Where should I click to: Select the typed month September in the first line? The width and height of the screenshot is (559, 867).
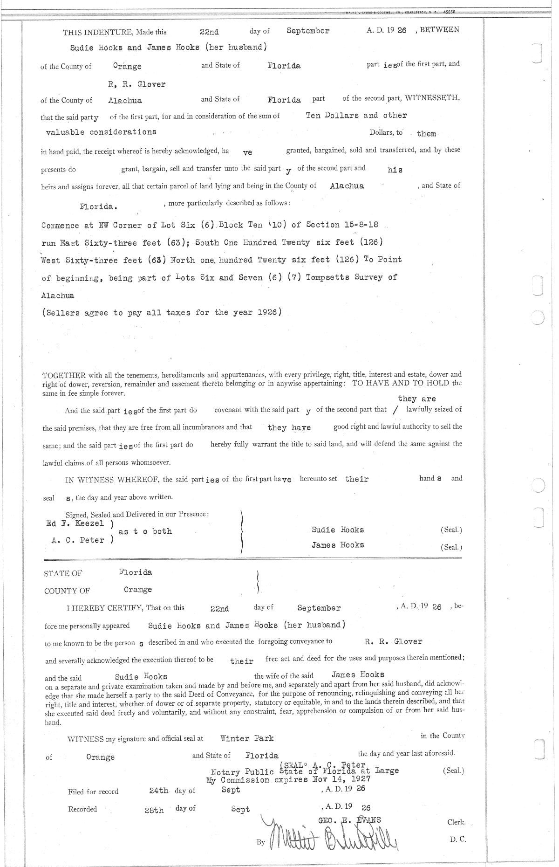[308, 31]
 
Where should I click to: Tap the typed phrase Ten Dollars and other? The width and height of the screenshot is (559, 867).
[356, 115]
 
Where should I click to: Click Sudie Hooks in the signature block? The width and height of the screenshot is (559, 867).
[338, 530]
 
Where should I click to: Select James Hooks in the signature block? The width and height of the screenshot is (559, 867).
[338, 545]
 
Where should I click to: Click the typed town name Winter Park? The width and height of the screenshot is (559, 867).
[247, 738]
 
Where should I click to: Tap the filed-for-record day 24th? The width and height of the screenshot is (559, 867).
[159, 791]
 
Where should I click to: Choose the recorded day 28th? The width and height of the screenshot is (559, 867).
[154, 810]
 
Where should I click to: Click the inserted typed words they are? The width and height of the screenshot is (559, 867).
[417, 399]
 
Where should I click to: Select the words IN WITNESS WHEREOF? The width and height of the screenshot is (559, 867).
[112, 480]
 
